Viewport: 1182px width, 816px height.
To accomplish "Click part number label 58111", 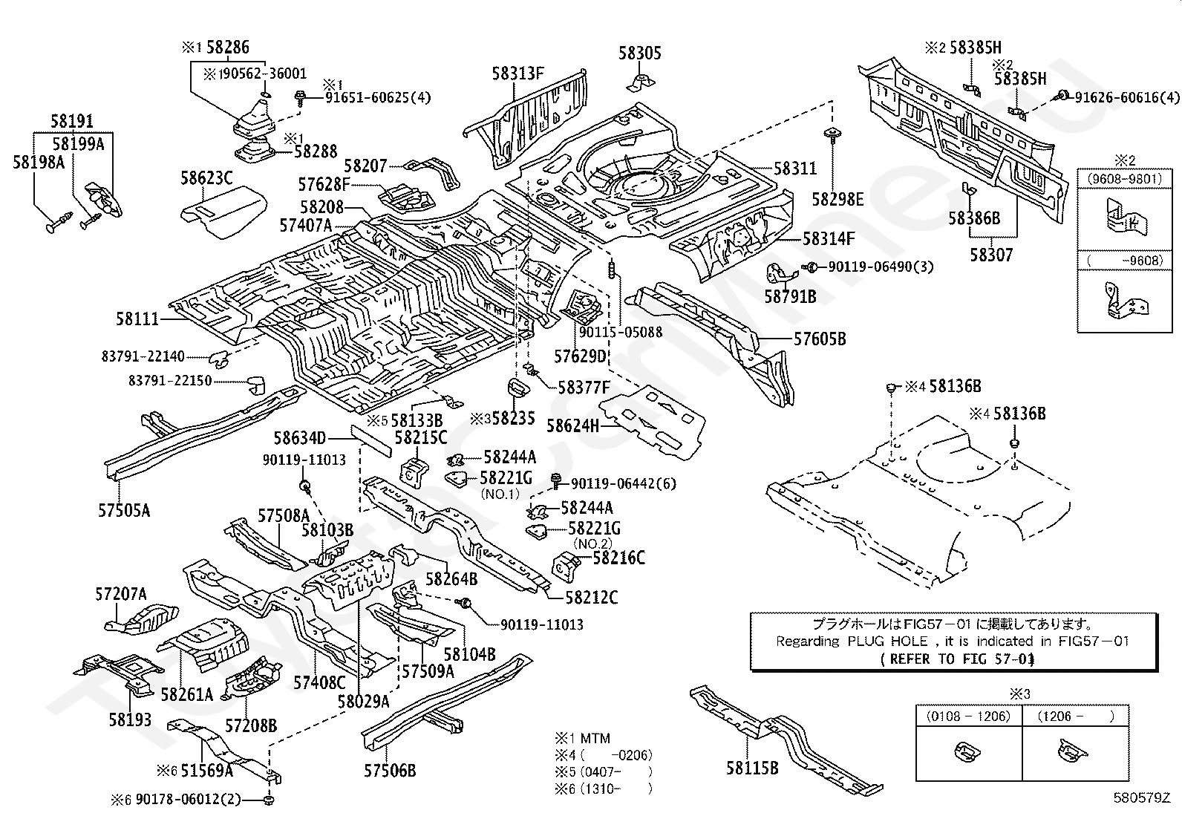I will (x=137, y=319).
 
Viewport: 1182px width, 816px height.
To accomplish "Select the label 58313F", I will (x=518, y=73).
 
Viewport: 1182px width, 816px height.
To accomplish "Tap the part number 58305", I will (x=640, y=53).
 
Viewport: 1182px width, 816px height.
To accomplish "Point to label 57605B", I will (x=820, y=339).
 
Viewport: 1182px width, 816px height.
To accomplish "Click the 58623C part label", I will (x=206, y=178).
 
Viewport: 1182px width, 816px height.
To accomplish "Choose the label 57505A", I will (x=125, y=510).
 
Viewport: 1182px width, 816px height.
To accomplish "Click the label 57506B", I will (x=390, y=770).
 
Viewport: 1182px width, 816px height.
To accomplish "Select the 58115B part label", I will (x=752, y=768).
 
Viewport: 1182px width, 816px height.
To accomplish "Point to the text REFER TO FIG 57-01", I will (x=957, y=658).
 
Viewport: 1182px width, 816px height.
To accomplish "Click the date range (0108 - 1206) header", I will (x=968, y=716).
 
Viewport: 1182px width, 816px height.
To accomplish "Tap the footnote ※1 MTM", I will (x=583, y=738).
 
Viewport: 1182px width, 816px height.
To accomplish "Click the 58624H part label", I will (x=572, y=425).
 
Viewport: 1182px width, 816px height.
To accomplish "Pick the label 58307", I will (x=991, y=255).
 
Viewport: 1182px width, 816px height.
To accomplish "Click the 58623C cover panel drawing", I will (x=223, y=208).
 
